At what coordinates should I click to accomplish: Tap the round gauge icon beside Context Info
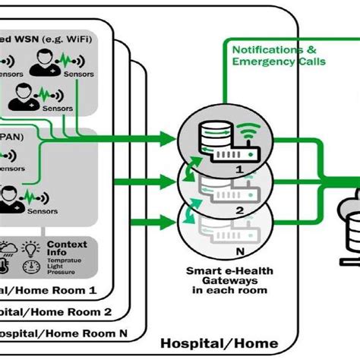[x=30, y=267]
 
